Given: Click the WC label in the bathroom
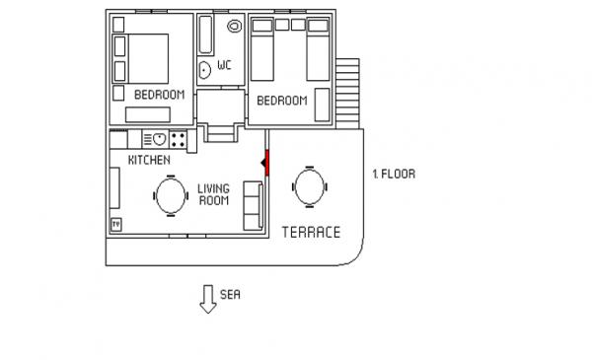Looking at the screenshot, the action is click(224, 65).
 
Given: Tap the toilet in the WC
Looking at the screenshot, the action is click(235, 26).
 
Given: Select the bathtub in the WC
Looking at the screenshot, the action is click(205, 35).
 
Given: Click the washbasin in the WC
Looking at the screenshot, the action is click(204, 70).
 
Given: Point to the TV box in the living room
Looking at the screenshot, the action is click(116, 225).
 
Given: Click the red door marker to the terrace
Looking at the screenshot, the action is click(266, 163).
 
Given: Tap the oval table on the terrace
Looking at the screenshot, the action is click(310, 186).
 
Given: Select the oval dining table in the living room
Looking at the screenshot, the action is click(171, 195).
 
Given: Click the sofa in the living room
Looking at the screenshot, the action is click(253, 206).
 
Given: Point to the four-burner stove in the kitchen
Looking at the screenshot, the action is click(178, 139).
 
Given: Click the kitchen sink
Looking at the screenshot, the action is click(155, 139).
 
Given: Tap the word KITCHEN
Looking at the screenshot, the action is click(149, 160).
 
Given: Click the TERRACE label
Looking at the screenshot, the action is click(311, 232).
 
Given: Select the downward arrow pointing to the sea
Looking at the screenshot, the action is click(208, 299).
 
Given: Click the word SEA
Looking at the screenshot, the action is click(230, 294).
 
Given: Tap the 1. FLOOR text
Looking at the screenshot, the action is click(394, 174).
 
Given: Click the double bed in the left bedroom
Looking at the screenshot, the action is click(140, 58).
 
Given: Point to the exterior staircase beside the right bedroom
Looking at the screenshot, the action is click(347, 94).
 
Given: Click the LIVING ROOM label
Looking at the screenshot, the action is click(214, 194).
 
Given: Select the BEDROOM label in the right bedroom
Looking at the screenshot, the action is click(282, 101).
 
